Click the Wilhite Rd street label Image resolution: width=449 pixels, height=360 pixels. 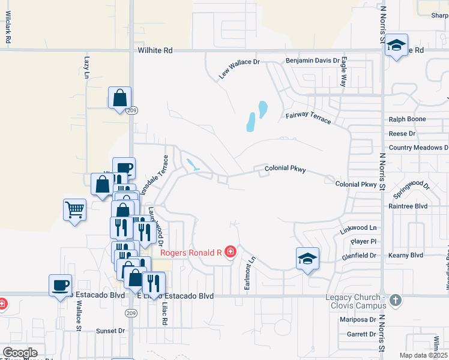pos(154,51)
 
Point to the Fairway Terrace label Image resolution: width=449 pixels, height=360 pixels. pos(308,117)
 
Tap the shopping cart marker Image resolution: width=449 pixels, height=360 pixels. pos(74,210)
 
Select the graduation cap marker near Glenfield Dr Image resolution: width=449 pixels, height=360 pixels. pos(307,259)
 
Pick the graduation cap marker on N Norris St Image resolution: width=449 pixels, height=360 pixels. pos(396,45)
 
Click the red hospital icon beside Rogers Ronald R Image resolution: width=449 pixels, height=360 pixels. pos(230,253)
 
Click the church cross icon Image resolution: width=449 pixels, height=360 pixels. pos(395,299)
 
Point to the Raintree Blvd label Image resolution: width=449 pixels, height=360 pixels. pos(407,205)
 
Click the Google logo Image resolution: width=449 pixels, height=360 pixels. pos(20,353)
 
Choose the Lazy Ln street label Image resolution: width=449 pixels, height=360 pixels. pos(87,67)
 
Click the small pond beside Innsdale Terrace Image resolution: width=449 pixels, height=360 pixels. pos(193,164)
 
